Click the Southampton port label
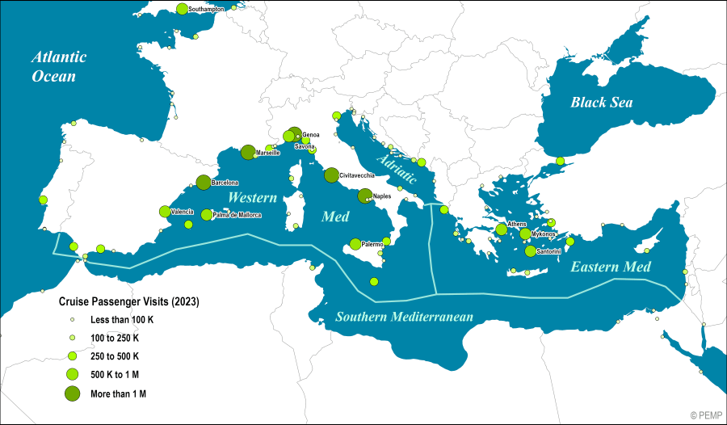pos(206,9)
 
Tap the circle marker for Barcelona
pos(204,183)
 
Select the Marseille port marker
pos(248,152)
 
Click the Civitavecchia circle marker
pos(331,175)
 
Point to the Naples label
pos(382,196)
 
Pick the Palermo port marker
pos(355,244)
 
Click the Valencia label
pos(182,212)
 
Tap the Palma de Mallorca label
pos(237,215)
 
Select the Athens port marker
pos(502,229)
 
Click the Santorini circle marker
pos(530,251)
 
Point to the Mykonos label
pos(544,234)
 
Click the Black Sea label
pos(601,103)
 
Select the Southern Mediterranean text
pos(404,317)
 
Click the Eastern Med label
pos(611,266)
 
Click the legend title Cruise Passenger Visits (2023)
pos(128,301)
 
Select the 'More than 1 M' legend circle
pos(72,393)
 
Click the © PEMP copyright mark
pos(706,414)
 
